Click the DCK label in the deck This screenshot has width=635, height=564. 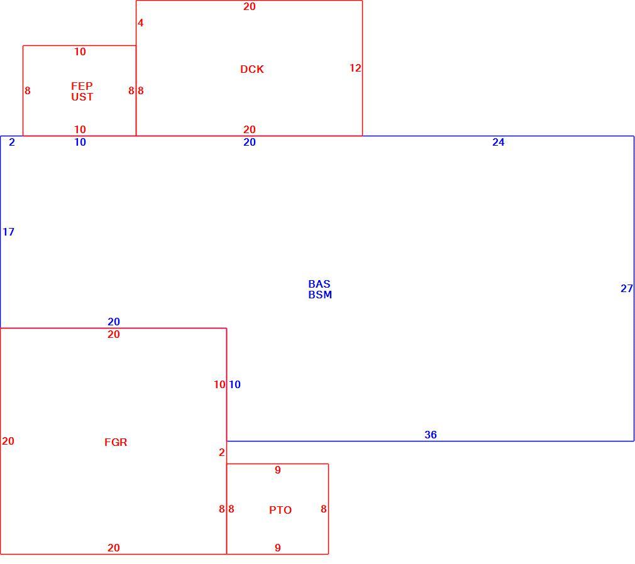(252, 69)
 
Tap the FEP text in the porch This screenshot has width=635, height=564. (82, 86)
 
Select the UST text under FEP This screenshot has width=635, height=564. (82, 97)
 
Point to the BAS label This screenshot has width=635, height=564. (319, 284)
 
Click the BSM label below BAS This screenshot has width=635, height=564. (320, 295)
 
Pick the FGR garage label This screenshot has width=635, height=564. (116, 442)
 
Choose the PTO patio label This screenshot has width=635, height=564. (280, 510)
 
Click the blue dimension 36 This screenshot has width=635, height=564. (431, 435)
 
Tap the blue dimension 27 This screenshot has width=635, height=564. (626, 288)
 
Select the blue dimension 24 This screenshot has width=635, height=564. (499, 142)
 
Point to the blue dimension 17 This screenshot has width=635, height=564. (9, 232)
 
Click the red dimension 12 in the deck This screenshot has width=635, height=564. (355, 68)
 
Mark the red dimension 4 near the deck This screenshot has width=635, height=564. (141, 23)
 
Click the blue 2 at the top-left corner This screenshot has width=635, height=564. (12, 142)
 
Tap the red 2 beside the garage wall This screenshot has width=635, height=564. (221, 452)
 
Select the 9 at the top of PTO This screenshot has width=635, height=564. (277, 470)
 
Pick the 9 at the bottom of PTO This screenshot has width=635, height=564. (277, 548)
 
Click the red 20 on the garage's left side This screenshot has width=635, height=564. (8, 441)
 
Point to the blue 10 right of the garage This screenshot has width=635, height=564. (235, 384)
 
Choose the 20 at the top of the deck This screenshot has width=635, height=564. (250, 6)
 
